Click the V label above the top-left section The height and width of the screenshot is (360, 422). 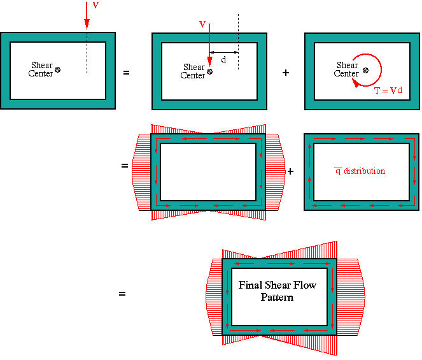coord(95,5)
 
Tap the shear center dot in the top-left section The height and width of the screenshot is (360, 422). coord(57,70)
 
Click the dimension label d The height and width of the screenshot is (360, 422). coord(223,59)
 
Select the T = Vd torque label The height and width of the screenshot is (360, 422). coord(388,90)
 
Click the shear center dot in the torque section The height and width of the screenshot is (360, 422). coord(365,70)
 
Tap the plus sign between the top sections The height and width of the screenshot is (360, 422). coord(286,73)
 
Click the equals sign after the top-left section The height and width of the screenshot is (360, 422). coord(126,73)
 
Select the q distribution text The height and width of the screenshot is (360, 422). coord(360,171)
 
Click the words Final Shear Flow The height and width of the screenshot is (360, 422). coord(278,285)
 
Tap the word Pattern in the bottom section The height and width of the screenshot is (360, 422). coord(277,297)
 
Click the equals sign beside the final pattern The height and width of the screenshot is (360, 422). coord(122,294)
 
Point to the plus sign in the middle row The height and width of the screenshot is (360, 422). coord(290,171)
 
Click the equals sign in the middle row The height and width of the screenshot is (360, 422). coord(125,166)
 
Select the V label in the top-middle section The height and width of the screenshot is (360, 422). coord(202,24)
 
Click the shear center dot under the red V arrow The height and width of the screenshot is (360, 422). coord(209,71)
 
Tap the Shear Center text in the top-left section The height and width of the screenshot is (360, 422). coord(41,69)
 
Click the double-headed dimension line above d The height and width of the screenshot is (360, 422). coord(224,52)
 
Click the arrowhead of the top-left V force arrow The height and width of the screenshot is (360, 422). coord(87,24)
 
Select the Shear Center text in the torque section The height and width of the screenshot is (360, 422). coord(346,69)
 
